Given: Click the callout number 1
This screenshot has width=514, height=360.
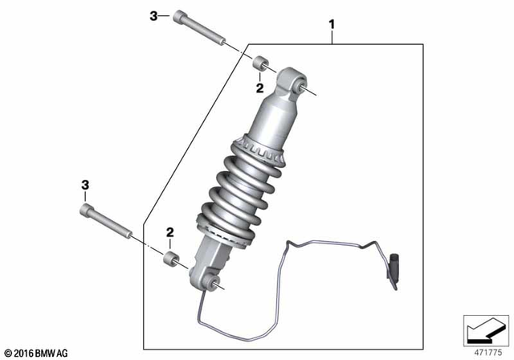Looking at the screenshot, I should (332, 26).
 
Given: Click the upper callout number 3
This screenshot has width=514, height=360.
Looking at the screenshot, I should (153, 15).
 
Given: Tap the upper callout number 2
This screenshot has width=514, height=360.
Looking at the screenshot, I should (259, 87).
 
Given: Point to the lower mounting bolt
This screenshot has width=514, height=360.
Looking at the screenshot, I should (109, 223).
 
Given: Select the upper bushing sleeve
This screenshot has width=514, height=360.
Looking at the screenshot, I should (260, 63).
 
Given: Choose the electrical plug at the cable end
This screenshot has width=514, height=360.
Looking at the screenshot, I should (395, 265).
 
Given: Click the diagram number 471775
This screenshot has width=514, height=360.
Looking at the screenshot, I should (487, 352).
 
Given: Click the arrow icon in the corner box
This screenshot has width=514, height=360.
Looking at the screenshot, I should (484, 329).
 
